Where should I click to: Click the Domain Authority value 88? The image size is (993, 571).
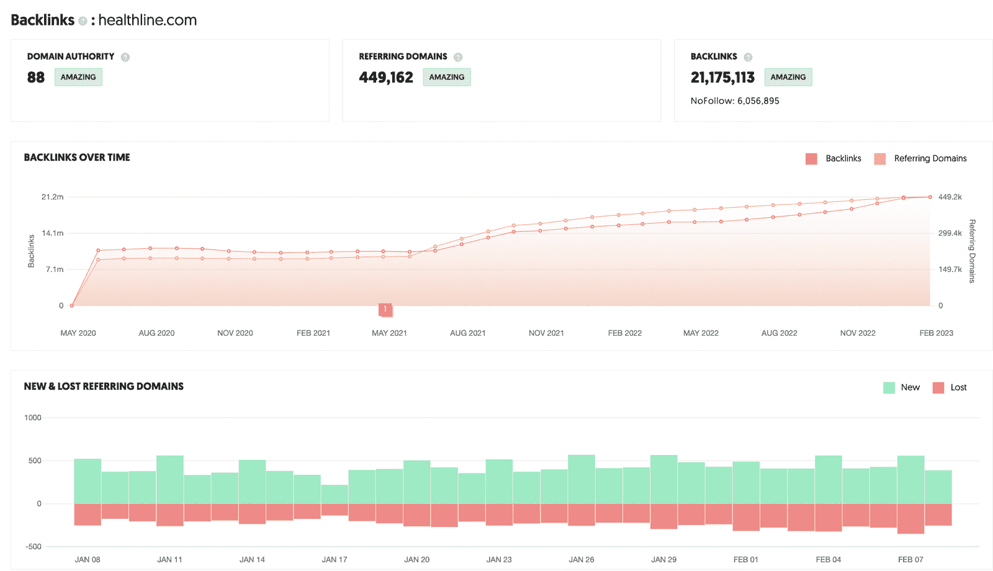click(36, 78)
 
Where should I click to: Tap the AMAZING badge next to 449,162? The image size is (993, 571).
click(446, 77)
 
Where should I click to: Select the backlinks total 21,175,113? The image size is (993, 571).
click(722, 78)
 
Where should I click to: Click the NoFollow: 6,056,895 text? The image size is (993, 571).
click(735, 101)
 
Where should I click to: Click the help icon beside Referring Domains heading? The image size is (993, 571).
click(458, 57)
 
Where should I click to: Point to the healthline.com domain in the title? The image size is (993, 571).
click(148, 20)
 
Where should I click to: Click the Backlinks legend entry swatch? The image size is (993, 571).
click(811, 159)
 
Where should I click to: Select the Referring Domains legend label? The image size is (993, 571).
click(930, 159)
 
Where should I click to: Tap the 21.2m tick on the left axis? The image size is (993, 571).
click(53, 197)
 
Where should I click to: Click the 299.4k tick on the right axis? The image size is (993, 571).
click(950, 233)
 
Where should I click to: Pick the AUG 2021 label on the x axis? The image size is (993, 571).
click(468, 333)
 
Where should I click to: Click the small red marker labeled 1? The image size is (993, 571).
click(385, 309)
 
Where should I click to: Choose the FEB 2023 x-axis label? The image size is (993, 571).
click(936, 333)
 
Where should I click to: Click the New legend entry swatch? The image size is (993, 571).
click(889, 388)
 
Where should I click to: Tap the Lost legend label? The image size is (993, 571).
click(958, 388)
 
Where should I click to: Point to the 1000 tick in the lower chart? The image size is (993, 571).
click(33, 418)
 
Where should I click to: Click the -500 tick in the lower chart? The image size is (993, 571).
click(34, 547)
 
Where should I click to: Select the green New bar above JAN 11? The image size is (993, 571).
click(170, 479)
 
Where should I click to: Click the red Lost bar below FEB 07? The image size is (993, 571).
click(910, 518)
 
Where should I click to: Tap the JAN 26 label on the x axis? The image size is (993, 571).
click(582, 560)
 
